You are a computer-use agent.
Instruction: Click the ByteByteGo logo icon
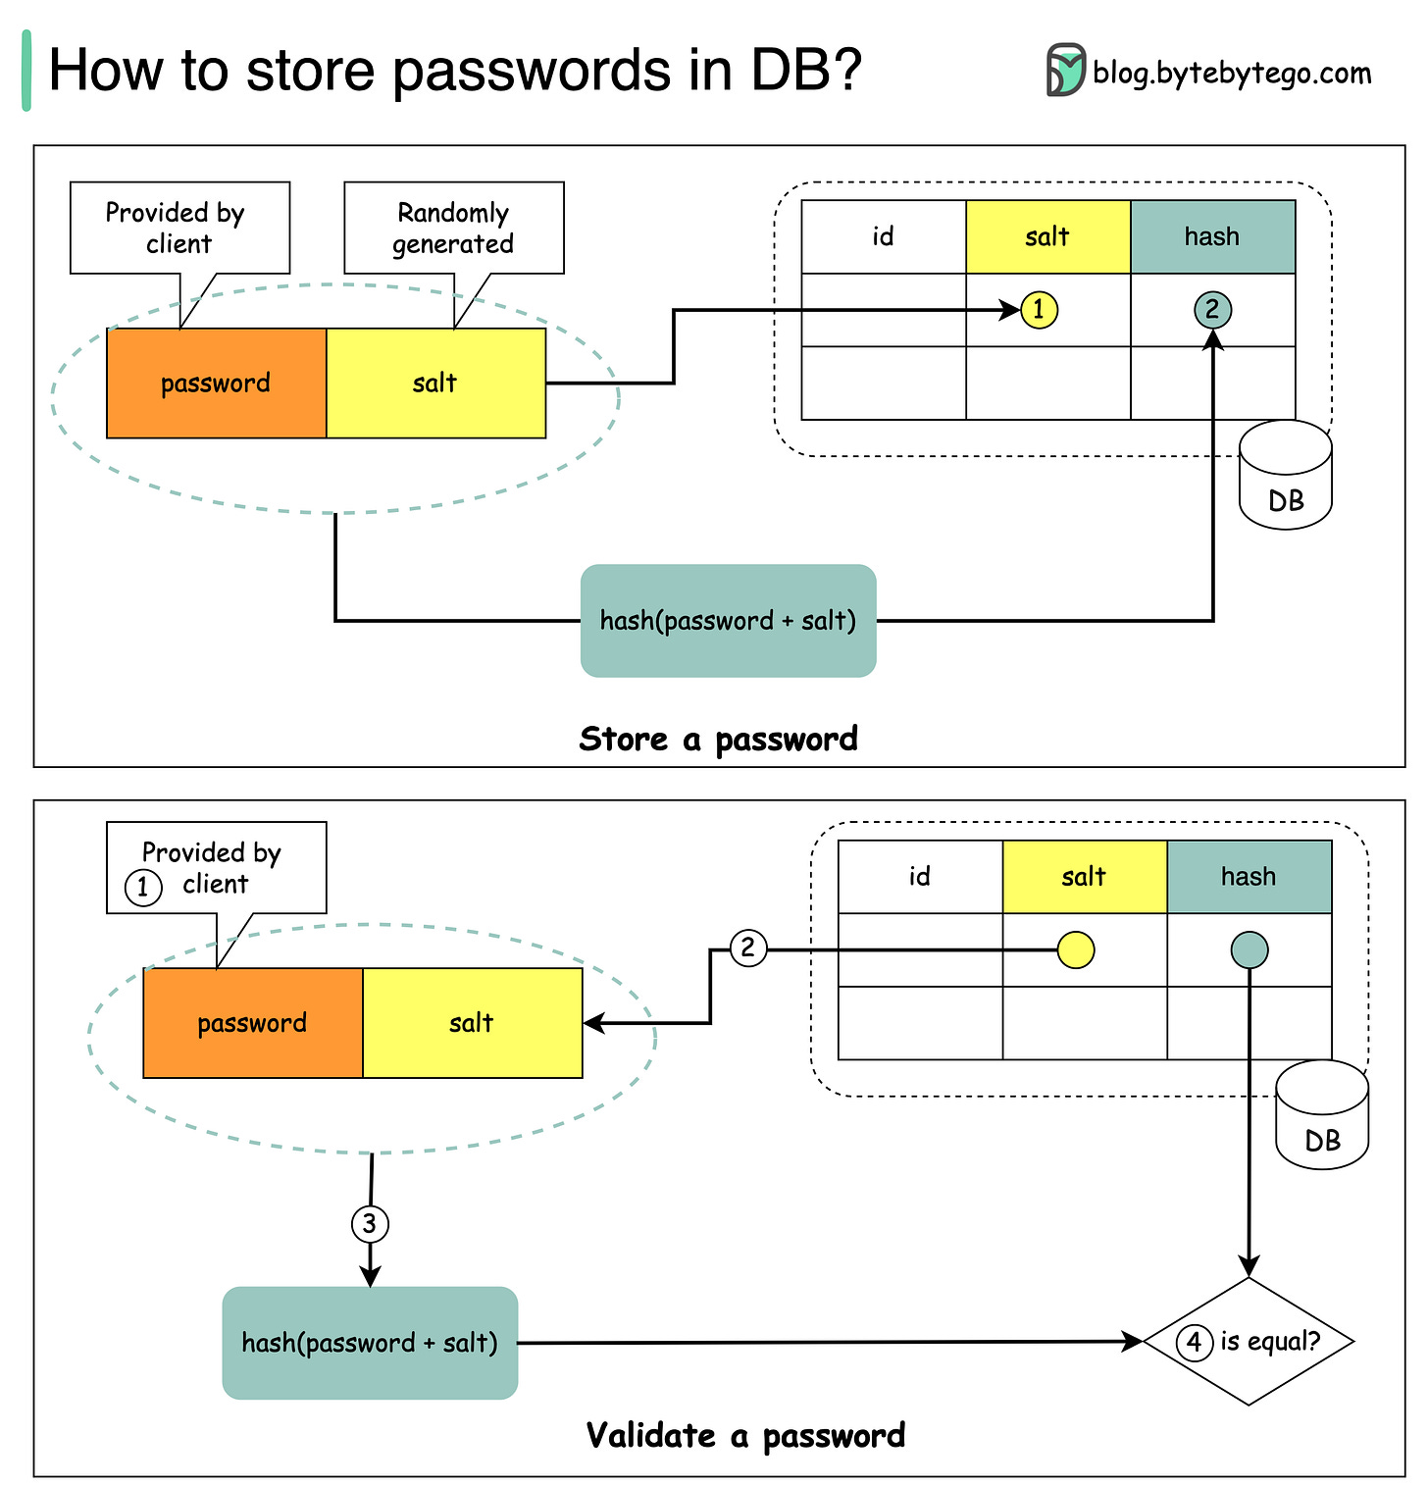(x=1065, y=71)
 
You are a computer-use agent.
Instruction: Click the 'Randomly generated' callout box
(x=453, y=228)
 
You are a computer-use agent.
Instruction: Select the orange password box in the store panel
(x=216, y=384)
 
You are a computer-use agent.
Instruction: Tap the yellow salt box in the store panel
(x=435, y=384)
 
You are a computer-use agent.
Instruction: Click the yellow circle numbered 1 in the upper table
(x=1039, y=310)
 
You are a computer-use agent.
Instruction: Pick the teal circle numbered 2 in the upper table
(x=1212, y=310)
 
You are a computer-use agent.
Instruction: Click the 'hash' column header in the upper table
(x=1212, y=237)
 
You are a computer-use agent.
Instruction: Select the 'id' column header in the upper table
(x=883, y=237)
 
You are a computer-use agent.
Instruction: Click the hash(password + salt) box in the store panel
(x=728, y=621)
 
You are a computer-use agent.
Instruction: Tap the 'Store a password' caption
(x=718, y=739)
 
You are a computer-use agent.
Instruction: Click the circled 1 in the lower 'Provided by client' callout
(x=143, y=888)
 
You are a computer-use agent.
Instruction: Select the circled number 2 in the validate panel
(x=748, y=948)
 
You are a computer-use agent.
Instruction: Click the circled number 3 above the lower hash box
(x=370, y=1224)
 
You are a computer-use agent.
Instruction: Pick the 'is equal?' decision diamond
(x=1249, y=1341)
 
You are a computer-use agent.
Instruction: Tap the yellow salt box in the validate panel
(x=472, y=1023)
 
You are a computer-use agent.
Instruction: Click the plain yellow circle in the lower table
(x=1076, y=949)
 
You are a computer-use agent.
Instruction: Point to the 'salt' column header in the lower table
(x=1084, y=877)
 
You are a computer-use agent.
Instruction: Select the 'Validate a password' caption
(x=745, y=1436)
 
